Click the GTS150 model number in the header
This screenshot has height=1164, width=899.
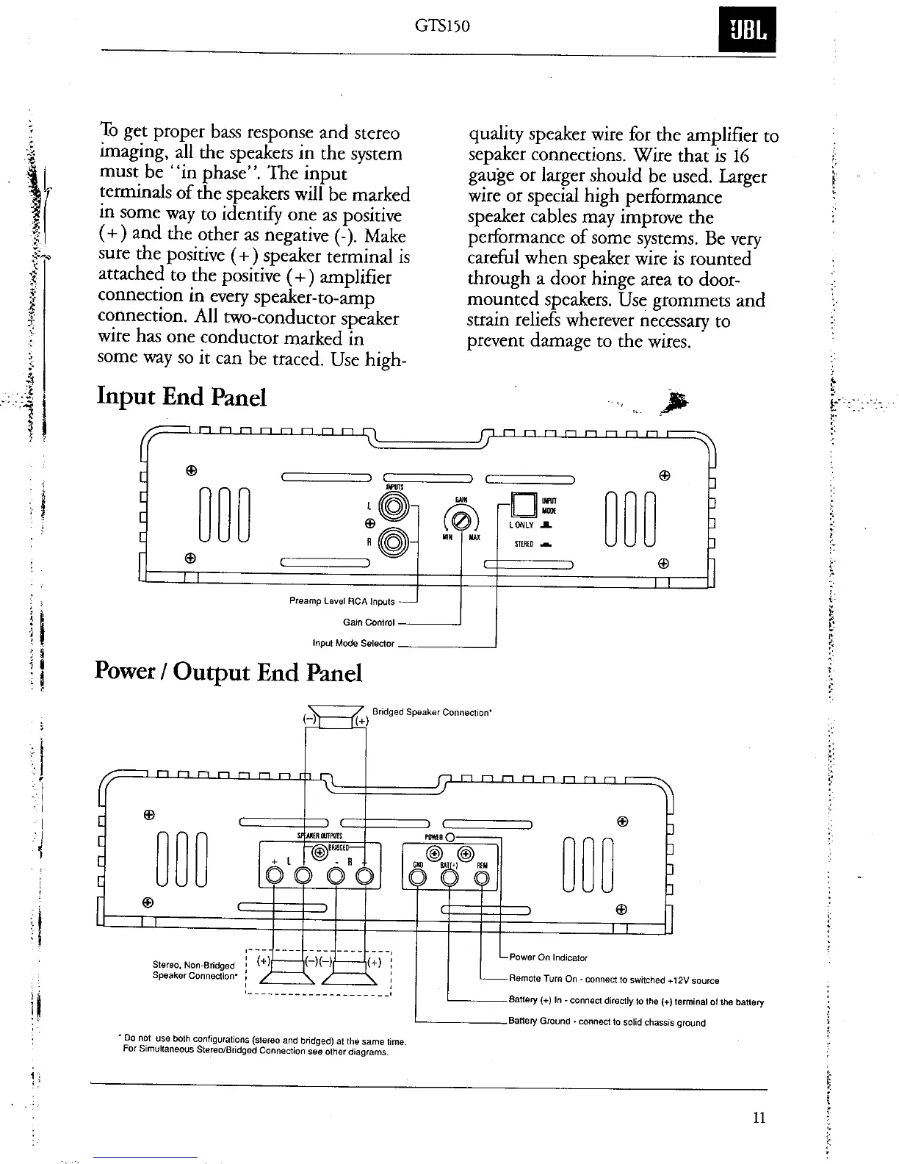coord(442,26)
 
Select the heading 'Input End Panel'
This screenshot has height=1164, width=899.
coord(181,397)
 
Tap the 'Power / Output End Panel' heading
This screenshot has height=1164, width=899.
coord(228,672)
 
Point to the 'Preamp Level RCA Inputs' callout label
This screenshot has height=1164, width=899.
coord(342,602)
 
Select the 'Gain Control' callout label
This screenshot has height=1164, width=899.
coord(369,622)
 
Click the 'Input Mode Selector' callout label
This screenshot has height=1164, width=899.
coord(353,644)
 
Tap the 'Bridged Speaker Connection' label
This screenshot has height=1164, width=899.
coord(432,712)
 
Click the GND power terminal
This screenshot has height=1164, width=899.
coord(417,877)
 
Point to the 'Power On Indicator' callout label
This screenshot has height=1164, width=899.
coord(548,958)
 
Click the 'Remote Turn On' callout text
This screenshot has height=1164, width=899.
coord(613,980)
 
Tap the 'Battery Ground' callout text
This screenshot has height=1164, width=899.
coord(607,1022)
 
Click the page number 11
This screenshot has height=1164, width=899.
coord(759,1118)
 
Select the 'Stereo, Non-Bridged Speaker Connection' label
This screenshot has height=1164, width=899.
coord(193,970)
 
